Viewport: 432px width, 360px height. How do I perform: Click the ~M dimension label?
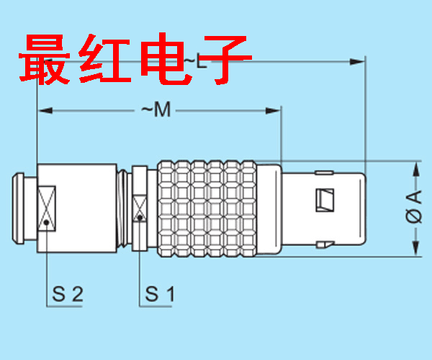[154, 110]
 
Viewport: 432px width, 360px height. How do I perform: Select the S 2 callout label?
[68, 294]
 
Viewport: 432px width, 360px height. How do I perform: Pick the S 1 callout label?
[160, 294]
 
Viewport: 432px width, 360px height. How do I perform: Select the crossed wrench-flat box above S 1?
[139, 205]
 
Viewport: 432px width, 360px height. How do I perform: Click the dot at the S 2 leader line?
[46, 223]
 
